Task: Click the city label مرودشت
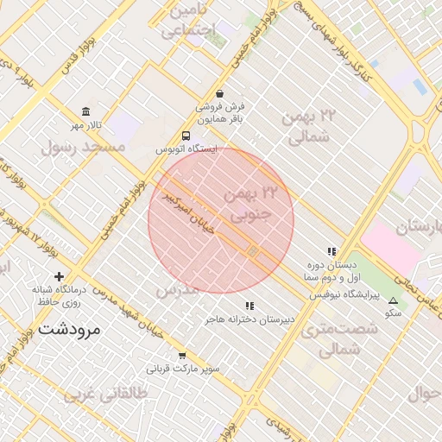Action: tap(69, 329)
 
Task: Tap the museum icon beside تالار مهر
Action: tap(85, 112)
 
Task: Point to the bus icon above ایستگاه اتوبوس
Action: tap(186, 136)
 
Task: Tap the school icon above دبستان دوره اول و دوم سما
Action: tap(331, 251)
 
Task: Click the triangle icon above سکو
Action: tap(394, 300)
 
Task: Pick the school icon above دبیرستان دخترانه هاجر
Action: tap(249, 306)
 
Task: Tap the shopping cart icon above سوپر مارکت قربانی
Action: tap(182, 355)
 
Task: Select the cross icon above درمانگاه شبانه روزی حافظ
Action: tap(59, 276)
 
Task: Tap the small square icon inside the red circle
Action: tap(253, 251)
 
